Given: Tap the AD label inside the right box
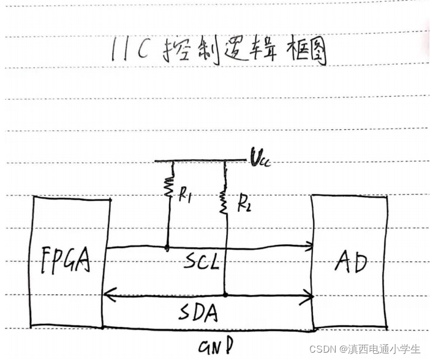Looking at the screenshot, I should click(x=350, y=262).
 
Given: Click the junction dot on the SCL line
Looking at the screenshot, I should click(x=167, y=247).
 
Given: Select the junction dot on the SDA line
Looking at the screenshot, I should click(x=225, y=295).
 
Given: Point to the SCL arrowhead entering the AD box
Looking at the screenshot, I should click(x=310, y=247).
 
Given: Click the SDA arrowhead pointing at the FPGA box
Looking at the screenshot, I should click(x=108, y=296).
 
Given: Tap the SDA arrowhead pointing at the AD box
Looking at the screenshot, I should click(x=310, y=296).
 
